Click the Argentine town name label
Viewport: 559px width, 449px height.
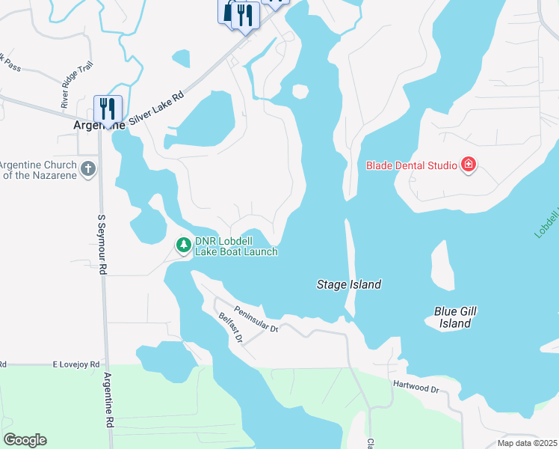coord(98,126)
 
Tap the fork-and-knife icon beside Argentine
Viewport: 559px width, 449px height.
coord(108,109)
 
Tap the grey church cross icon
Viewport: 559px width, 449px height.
coord(88,168)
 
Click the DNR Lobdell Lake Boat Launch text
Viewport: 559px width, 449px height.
coord(236,246)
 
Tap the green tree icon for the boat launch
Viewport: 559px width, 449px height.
coord(183,245)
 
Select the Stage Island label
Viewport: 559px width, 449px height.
coord(349,284)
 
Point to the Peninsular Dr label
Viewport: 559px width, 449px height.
coord(256,319)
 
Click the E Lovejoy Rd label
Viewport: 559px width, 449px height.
coord(75,364)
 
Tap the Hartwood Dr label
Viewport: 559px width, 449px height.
coord(416,387)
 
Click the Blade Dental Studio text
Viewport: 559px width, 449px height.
coord(411,165)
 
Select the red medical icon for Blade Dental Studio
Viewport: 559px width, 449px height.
coord(469,165)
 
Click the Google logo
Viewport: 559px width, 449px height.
coord(25,440)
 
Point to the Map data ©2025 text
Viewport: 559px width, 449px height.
coord(527,443)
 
